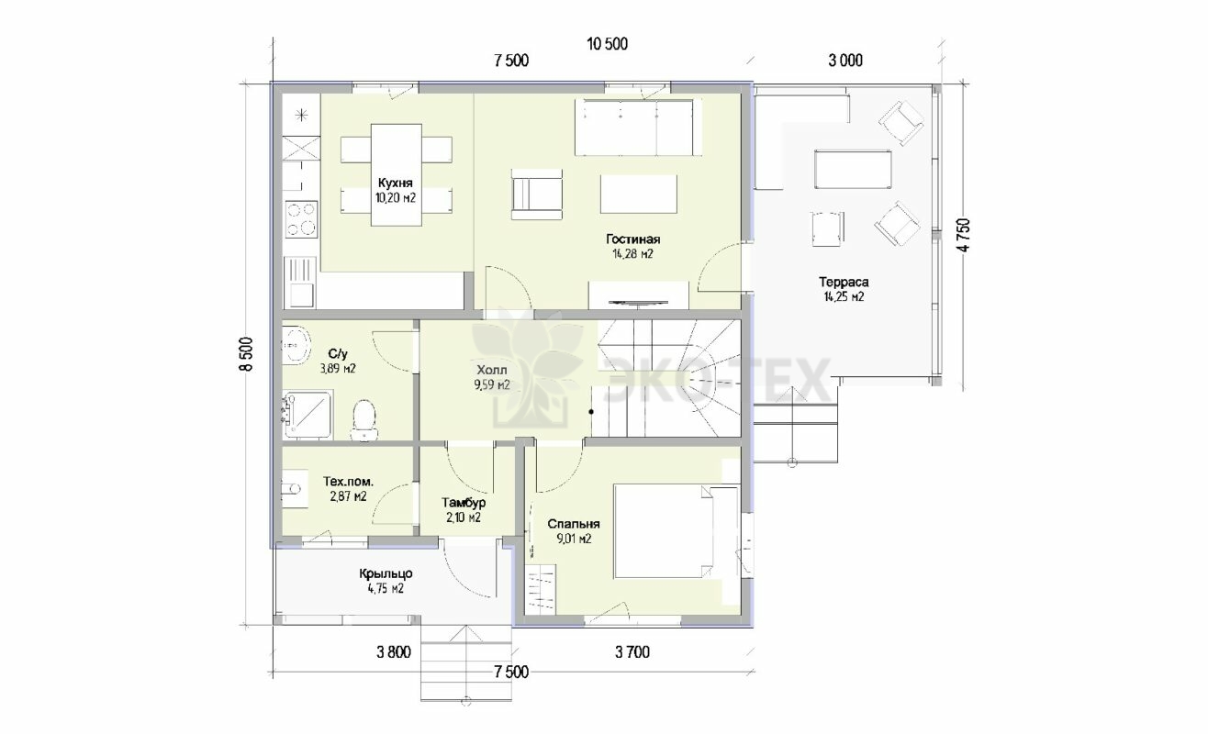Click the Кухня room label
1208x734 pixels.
coord(395,183)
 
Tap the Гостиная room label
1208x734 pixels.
coord(632,239)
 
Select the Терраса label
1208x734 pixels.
coord(844,282)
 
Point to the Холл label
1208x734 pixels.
coord(491,370)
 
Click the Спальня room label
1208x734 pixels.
coord(574,524)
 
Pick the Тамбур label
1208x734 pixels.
coord(464,503)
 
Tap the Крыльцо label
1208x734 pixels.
coord(386,574)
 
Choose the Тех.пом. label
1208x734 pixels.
coord(348,482)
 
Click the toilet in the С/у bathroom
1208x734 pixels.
coord(364,419)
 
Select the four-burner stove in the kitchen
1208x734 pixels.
coord(301,218)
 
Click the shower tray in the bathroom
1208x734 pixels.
coord(308,415)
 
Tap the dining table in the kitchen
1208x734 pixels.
coord(396,174)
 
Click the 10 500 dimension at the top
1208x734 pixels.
coord(608,44)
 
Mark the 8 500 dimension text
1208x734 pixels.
coord(246,354)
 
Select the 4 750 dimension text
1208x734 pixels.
coord(965,235)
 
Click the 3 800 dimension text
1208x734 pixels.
coord(394,652)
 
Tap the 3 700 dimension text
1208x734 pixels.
coord(632,652)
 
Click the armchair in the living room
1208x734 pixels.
coord(537,194)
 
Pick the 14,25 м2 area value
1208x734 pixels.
coord(844,296)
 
